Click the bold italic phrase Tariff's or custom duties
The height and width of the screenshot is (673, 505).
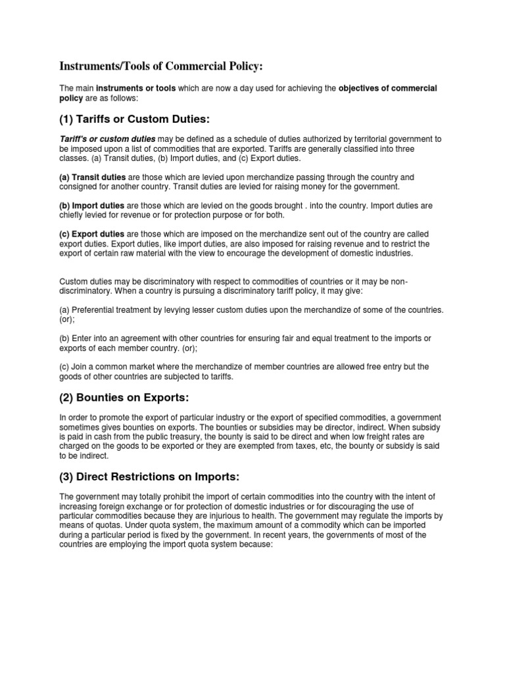107,139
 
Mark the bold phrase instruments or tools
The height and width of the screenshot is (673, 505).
136,88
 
